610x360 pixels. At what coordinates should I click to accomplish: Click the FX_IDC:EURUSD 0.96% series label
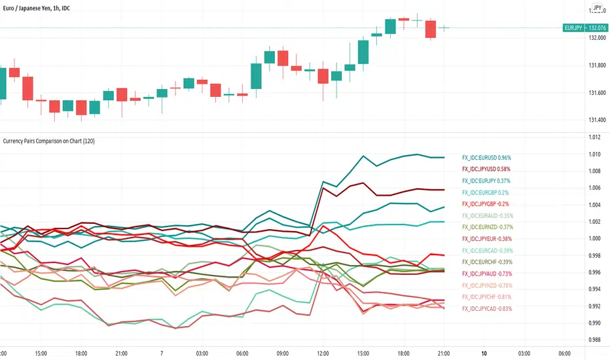486,158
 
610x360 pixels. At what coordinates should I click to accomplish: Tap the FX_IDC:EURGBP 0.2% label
485,192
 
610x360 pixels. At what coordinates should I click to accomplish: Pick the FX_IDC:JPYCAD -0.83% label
487,308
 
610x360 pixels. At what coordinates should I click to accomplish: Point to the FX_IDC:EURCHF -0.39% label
487,262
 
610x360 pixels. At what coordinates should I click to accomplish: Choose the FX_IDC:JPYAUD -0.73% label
487,274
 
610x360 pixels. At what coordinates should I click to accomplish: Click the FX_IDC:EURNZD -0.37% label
487,227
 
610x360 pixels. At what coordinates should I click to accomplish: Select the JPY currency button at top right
597,9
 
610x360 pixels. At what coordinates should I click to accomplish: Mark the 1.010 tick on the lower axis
594,154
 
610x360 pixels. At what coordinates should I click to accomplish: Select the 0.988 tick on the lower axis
594,340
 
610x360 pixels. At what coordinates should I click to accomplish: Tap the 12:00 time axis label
323,352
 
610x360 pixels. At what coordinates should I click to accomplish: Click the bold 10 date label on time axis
484,352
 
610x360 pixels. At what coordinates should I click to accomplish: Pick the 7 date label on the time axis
161,352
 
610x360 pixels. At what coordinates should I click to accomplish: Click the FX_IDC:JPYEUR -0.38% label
487,239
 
